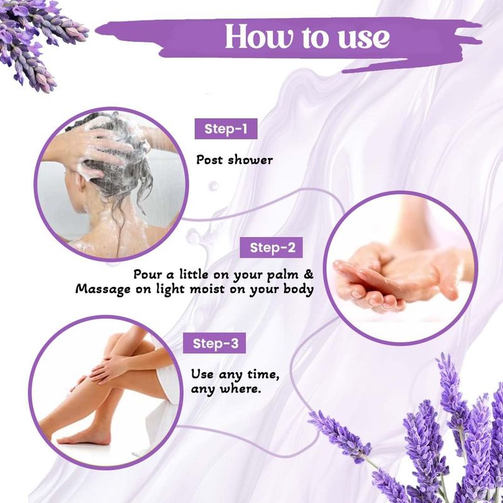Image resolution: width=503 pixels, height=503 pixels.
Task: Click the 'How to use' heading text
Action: [x=307, y=37]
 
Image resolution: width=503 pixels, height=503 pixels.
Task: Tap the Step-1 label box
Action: [x=226, y=129]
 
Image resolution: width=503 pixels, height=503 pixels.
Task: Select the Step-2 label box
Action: [x=271, y=247]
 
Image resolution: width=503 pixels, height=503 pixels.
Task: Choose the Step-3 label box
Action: [x=214, y=343]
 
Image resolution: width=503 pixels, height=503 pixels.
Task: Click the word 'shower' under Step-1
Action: [x=250, y=160]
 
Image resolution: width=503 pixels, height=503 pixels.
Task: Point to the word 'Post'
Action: [x=209, y=160]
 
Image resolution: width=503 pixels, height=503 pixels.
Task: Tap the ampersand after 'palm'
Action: [x=308, y=274]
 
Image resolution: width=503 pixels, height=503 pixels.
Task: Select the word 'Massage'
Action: [x=103, y=290]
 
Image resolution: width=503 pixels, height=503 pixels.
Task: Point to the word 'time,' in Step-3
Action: [x=263, y=375]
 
